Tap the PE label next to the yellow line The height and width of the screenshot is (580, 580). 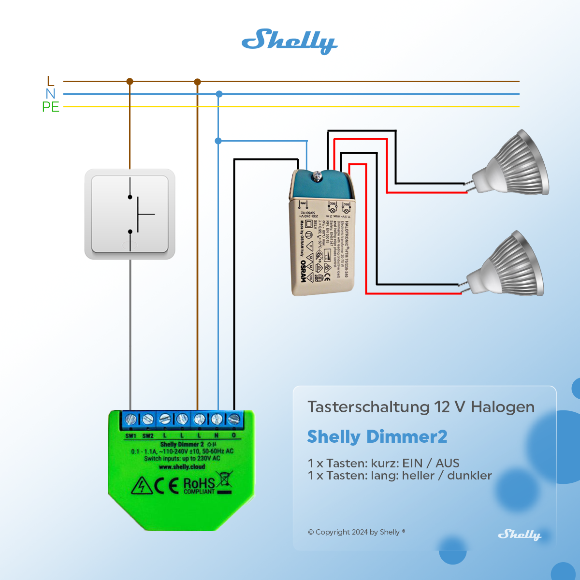point(51,107)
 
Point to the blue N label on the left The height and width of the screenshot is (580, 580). point(51,94)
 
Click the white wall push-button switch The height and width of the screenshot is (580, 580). point(130,214)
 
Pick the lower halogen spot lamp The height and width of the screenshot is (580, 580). point(507,266)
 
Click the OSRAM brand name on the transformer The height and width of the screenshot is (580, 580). point(304,271)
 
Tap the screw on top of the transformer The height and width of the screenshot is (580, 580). point(318,176)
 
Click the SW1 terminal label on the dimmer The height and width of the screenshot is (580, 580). point(130,435)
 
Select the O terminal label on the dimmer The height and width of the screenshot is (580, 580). point(234,435)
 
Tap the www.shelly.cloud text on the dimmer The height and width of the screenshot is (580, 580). point(182,467)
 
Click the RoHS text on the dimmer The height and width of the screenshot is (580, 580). point(199,483)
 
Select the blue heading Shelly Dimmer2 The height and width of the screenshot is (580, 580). point(377,436)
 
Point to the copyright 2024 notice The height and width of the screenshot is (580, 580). point(356,532)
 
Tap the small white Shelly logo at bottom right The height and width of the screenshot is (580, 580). point(520,535)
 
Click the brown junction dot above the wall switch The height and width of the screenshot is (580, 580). point(130,82)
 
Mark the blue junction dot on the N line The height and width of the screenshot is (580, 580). point(219,94)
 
